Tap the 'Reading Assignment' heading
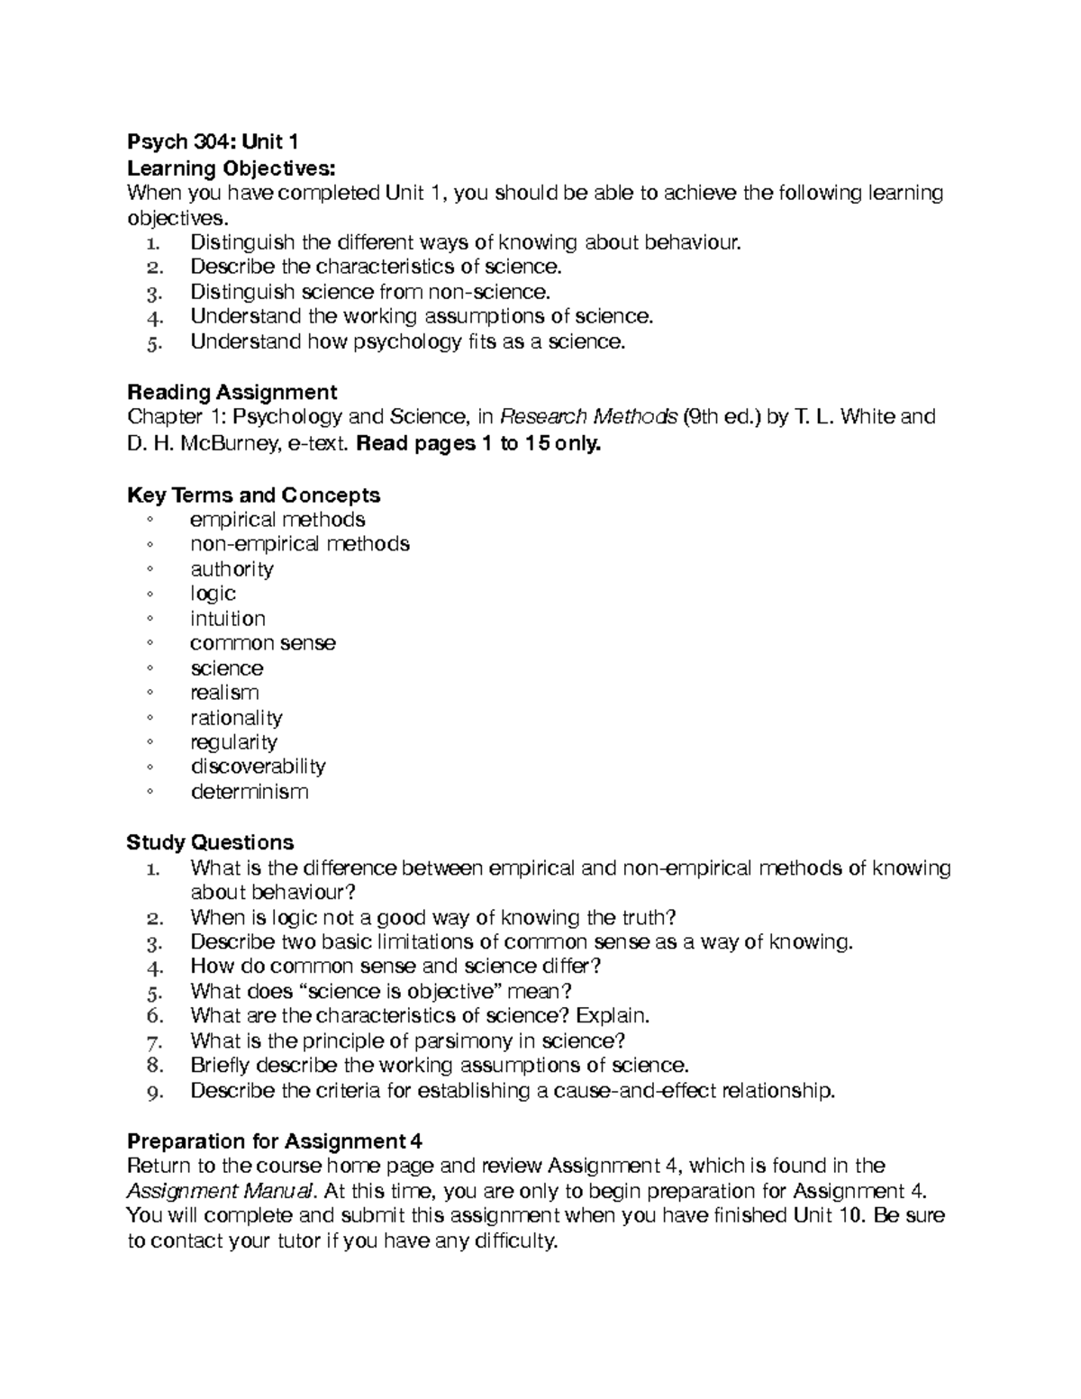pos(232,392)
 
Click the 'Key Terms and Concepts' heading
pos(253,495)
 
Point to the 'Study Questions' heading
pos(210,842)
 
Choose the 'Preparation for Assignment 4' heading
pos(274,1141)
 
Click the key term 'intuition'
pos(228,619)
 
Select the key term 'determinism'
pos(250,792)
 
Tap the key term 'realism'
pos(224,693)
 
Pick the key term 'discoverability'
pos(258,767)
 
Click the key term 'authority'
pos(232,569)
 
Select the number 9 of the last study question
pos(154,1092)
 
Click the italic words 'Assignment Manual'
pos(220,1191)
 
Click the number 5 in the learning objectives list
pos(154,342)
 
